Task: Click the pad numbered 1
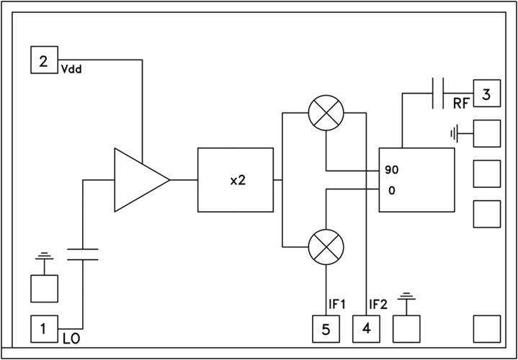[43, 329]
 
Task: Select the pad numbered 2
[43, 60]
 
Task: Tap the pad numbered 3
[486, 94]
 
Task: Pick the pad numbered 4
[366, 329]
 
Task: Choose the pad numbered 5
[326, 329]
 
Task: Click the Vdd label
[69, 70]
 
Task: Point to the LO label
[69, 337]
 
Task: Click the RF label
[462, 104]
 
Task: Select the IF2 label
[378, 305]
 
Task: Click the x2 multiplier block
[236, 180]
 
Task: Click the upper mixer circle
[326, 112]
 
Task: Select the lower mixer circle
[326, 247]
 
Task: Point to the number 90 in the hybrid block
[392, 171]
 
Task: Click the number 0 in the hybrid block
[390, 190]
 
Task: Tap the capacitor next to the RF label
[438, 94]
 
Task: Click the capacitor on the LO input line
[83, 253]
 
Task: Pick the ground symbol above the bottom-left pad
[44, 257]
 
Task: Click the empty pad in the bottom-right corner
[486, 329]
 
